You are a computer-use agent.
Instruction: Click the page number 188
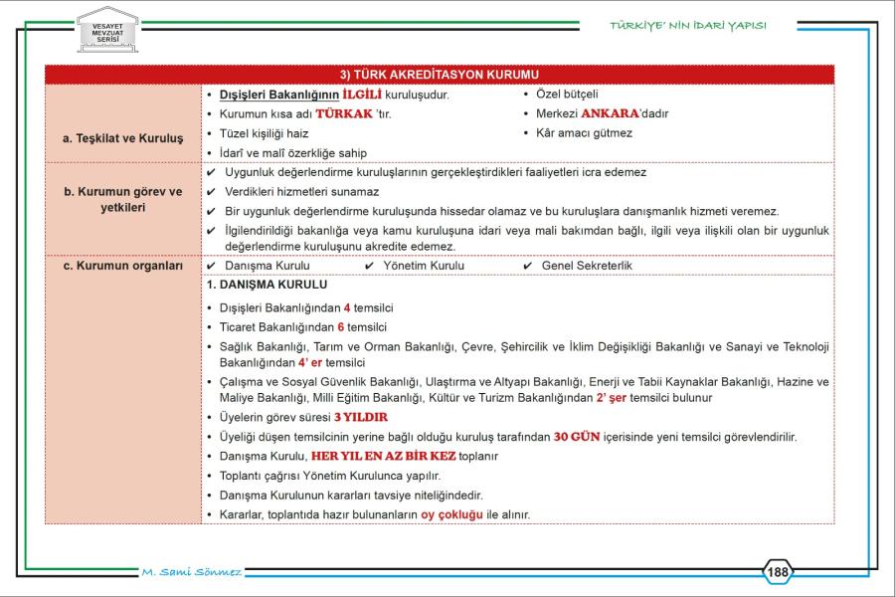pos(779,572)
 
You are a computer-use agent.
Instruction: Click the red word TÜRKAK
pos(343,113)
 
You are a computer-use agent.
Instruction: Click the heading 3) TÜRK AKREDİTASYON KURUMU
pos(439,75)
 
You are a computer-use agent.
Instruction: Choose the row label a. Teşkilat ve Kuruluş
pos(123,138)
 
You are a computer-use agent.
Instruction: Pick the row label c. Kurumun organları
pos(123,266)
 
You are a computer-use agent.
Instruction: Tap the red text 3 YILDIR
pos(360,417)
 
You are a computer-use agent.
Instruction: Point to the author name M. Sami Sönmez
pos(193,572)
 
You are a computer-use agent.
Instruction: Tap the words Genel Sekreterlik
pos(587,266)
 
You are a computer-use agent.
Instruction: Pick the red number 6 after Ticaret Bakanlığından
pos(340,326)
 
